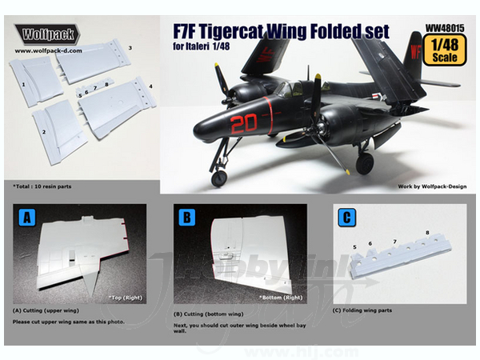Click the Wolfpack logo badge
coord(47,34)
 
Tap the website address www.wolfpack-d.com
coord(48,51)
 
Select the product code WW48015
coord(445,29)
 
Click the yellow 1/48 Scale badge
coord(445,50)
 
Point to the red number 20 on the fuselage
coord(244,123)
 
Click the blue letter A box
coord(27,218)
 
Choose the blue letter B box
coord(186,218)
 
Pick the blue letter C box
coord(347,218)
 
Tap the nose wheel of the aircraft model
coord(219,178)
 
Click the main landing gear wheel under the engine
coord(365,163)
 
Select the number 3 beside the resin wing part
coord(130,48)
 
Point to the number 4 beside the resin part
coord(150,86)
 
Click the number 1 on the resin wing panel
coord(23,84)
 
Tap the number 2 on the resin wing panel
coord(44,132)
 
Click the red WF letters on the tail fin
coord(415,52)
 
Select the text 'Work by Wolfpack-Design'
coord(432,186)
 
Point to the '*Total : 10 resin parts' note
coord(42,186)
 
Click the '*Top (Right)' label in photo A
coord(126,298)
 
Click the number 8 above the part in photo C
coord(427,233)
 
